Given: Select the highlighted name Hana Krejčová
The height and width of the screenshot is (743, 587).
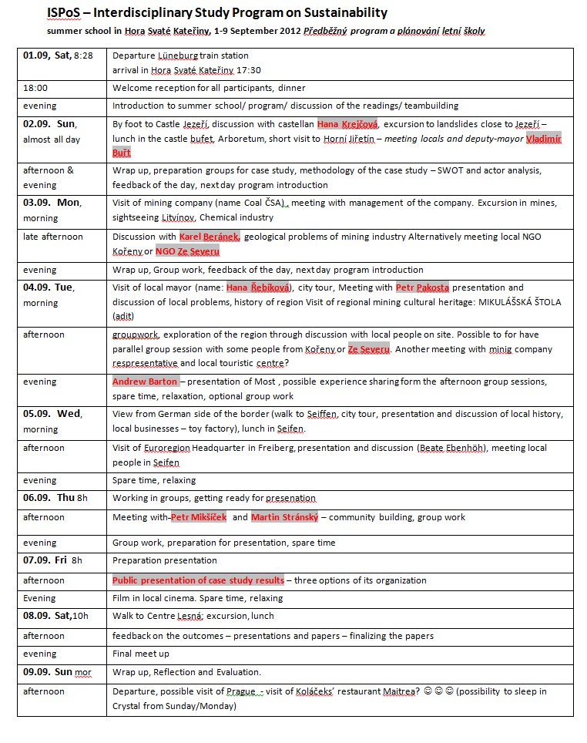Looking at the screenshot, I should point(347,123).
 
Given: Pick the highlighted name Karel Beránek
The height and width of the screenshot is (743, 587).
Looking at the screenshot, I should point(210,237).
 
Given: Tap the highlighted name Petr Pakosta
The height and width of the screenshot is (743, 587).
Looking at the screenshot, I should point(422,287).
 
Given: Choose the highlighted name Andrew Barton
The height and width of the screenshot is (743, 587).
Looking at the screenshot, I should point(146,382).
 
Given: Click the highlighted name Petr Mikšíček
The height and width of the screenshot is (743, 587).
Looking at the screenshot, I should point(199,517).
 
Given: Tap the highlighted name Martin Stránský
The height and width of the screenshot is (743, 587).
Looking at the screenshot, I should point(285,517).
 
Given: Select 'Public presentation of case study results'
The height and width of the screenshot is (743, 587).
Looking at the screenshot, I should point(198,580).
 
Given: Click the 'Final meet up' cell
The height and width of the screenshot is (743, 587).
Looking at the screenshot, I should point(141,654).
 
